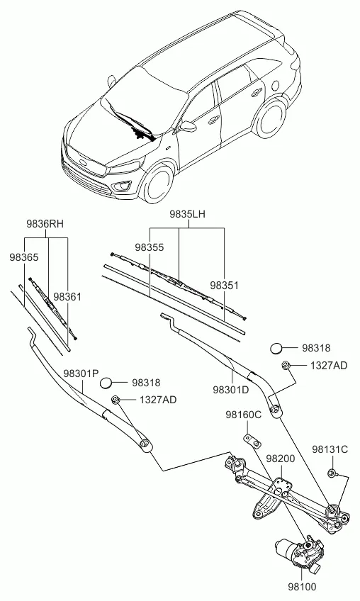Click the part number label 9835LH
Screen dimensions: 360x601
tap(188, 214)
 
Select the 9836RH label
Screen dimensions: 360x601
tap(45, 224)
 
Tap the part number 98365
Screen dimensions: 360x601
tap(24, 257)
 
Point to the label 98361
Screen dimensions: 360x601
tap(67, 297)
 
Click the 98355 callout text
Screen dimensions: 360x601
tap(149, 247)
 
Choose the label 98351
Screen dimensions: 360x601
tap(224, 286)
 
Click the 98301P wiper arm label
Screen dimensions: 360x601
tap(81, 373)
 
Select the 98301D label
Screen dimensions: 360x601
tap(231, 390)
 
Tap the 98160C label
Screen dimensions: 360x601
tap(244, 415)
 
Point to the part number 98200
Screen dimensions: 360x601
tap(281, 459)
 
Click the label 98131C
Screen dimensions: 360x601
tap(330, 449)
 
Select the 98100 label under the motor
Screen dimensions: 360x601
tap(303, 587)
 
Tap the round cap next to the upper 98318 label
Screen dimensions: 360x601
tap(276, 349)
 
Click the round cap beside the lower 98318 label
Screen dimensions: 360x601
tap(106, 383)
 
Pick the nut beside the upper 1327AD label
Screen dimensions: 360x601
tap(286, 365)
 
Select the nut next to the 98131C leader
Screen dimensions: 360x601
tap(332, 473)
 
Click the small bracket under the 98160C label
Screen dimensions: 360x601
tap(252, 440)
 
